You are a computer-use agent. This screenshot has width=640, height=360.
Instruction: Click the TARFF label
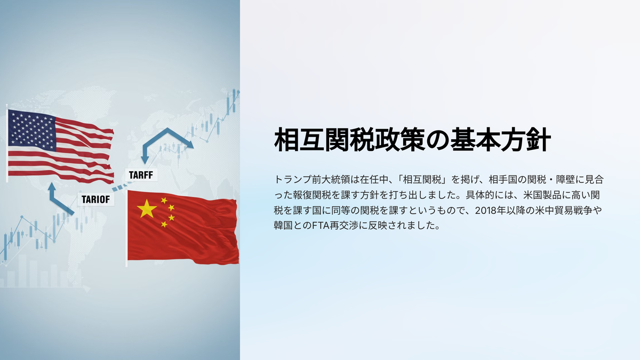[x=141, y=175]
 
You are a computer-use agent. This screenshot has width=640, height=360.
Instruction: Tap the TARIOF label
[x=95, y=199]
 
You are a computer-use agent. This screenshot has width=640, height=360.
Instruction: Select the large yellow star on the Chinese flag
[x=147, y=209]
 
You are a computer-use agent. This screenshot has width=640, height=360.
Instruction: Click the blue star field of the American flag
[x=31, y=130]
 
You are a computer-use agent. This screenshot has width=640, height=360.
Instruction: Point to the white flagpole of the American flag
[x=7, y=145]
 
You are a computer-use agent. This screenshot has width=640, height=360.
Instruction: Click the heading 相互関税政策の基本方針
[x=412, y=140]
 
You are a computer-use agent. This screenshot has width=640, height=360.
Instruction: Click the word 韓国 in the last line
[x=283, y=226]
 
